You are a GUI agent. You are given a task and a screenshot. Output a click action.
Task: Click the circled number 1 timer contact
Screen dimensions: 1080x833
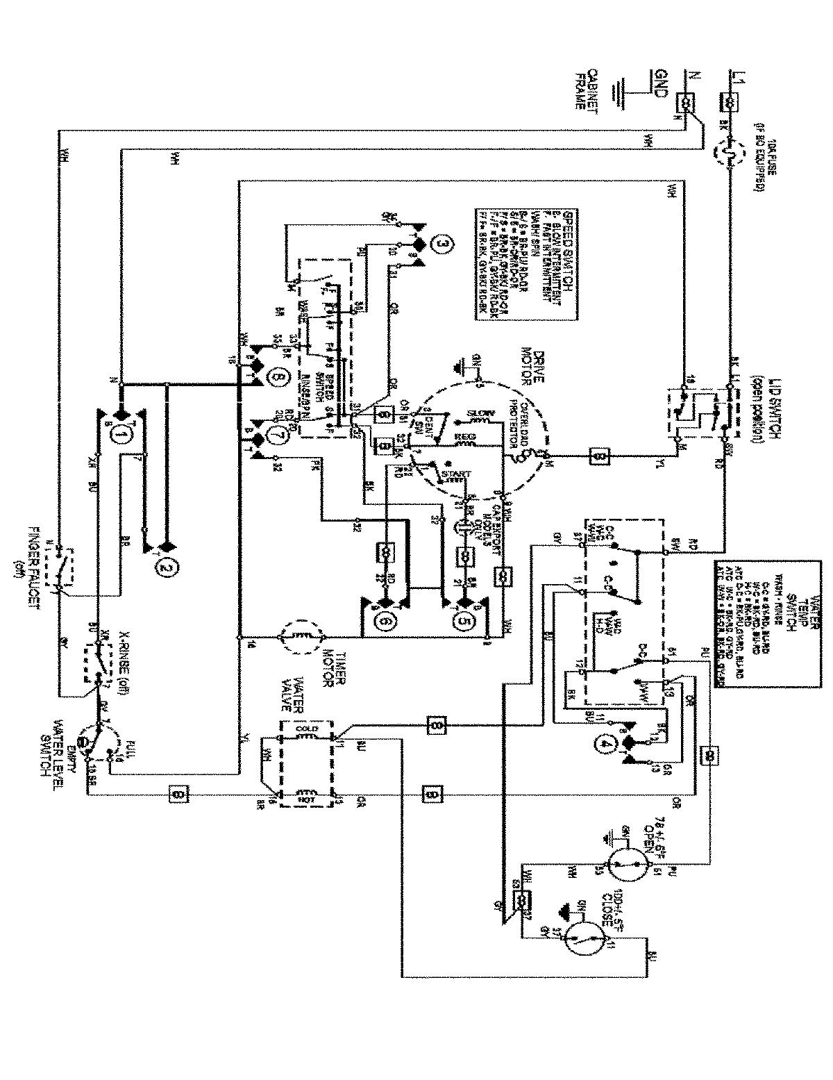(x=120, y=437)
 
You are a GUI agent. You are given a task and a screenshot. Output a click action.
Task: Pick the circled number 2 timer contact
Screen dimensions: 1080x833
(x=166, y=569)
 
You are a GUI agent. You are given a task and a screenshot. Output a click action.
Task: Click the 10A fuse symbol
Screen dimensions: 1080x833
(x=730, y=150)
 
